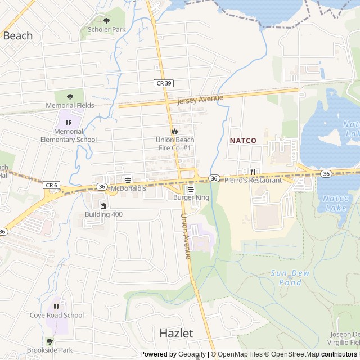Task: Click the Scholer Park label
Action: [x=106, y=29]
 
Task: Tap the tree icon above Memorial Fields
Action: [x=70, y=97]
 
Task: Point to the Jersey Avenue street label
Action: [x=200, y=100]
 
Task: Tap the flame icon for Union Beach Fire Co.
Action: [x=174, y=132]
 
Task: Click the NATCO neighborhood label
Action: [x=243, y=141]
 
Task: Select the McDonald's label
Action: [x=128, y=188]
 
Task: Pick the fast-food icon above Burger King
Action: [x=191, y=189]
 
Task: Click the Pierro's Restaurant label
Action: [x=253, y=180]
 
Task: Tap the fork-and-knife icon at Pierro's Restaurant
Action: [x=253, y=172]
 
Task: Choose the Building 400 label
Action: [x=103, y=214]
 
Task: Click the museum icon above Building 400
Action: [x=103, y=205]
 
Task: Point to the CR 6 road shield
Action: [x=51, y=184]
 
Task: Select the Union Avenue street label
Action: [x=186, y=236]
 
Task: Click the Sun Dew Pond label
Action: [x=286, y=277]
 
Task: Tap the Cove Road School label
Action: [x=57, y=315]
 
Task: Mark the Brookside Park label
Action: [x=49, y=350]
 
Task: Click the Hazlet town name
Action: [x=176, y=333]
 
